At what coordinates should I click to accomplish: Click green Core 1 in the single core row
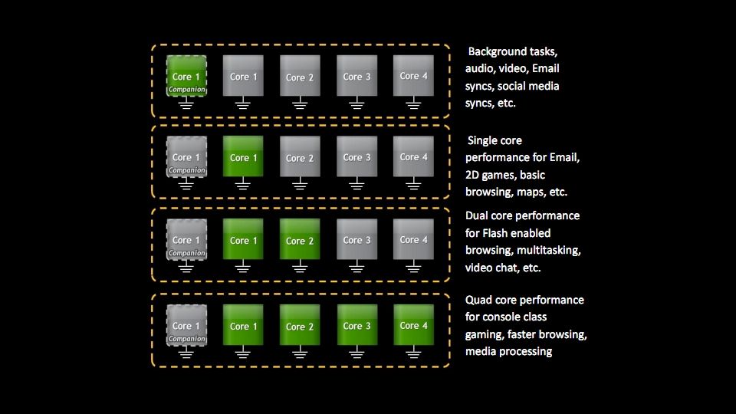(x=243, y=156)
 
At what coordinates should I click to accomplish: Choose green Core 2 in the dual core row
(x=300, y=239)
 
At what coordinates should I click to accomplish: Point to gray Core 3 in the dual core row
(x=357, y=239)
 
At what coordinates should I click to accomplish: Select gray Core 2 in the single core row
(x=300, y=156)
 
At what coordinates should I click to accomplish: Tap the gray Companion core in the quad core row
(x=186, y=325)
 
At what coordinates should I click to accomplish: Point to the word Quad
(x=480, y=300)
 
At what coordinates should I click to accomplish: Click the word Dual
(x=478, y=215)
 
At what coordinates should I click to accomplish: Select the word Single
(x=485, y=140)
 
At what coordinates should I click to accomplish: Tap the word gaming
(x=484, y=334)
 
